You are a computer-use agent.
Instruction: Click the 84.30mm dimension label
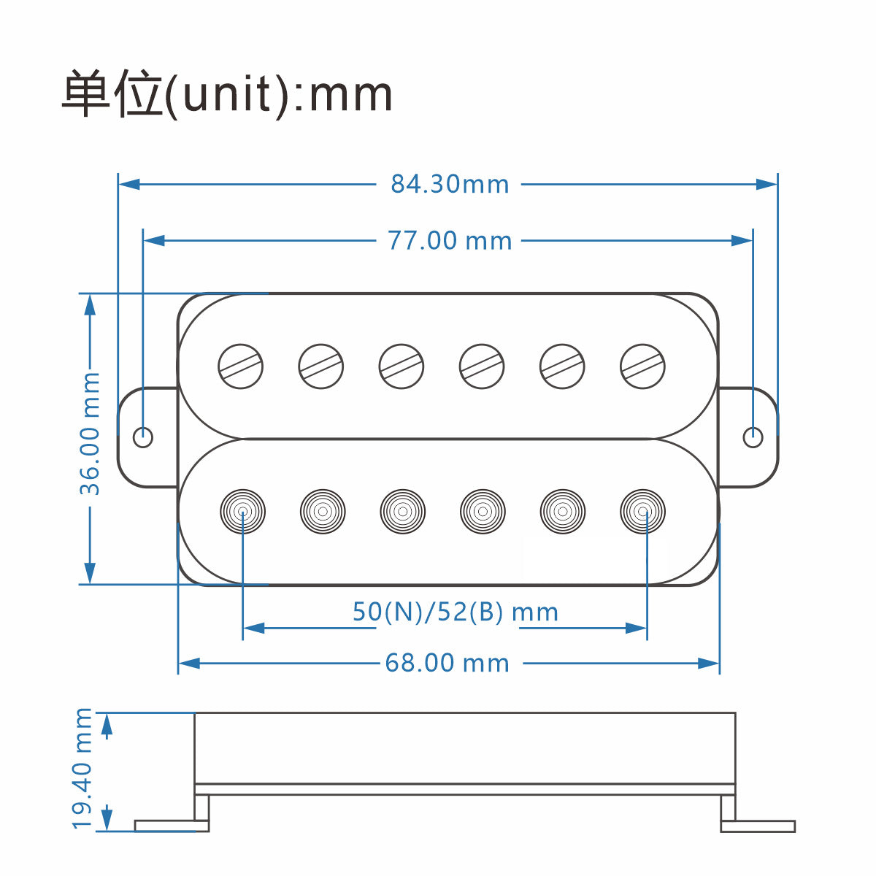point(450,184)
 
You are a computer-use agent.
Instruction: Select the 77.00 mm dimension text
point(450,240)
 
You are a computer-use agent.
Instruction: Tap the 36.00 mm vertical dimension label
point(90,434)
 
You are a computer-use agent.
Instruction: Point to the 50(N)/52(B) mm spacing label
point(456,612)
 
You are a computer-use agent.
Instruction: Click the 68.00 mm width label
point(447,663)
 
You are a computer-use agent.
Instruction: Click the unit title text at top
point(227,94)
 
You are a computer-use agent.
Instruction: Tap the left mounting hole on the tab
point(143,437)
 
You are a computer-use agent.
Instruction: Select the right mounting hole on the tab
point(753,437)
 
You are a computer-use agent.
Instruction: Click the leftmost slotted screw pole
point(241,366)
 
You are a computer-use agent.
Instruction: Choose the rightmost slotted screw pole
point(642,366)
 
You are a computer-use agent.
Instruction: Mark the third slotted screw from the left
point(401,366)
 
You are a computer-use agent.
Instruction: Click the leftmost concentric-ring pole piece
point(242,511)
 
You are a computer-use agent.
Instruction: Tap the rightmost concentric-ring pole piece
point(642,511)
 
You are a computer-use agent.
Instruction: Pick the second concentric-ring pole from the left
point(323,511)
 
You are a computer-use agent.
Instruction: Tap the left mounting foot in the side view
point(172,825)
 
